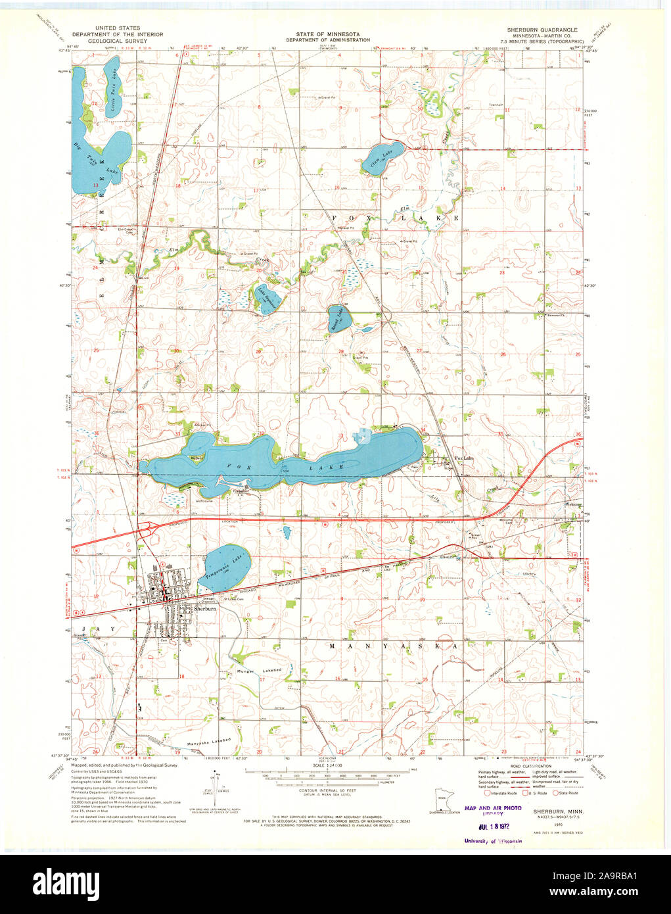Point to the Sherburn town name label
point(204,609)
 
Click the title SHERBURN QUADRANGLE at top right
point(542,30)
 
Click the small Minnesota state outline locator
point(441,800)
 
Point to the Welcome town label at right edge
point(574,505)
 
